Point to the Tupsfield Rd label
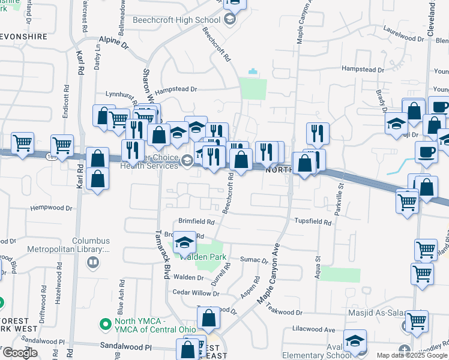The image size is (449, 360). (313, 221)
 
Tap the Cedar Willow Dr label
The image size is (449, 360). (196, 293)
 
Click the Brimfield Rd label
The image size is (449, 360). (196, 221)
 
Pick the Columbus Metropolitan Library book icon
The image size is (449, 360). (93, 262)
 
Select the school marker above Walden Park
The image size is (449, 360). (185, 243)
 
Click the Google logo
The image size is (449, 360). (20, 353)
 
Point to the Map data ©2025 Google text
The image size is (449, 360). (411, 355)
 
